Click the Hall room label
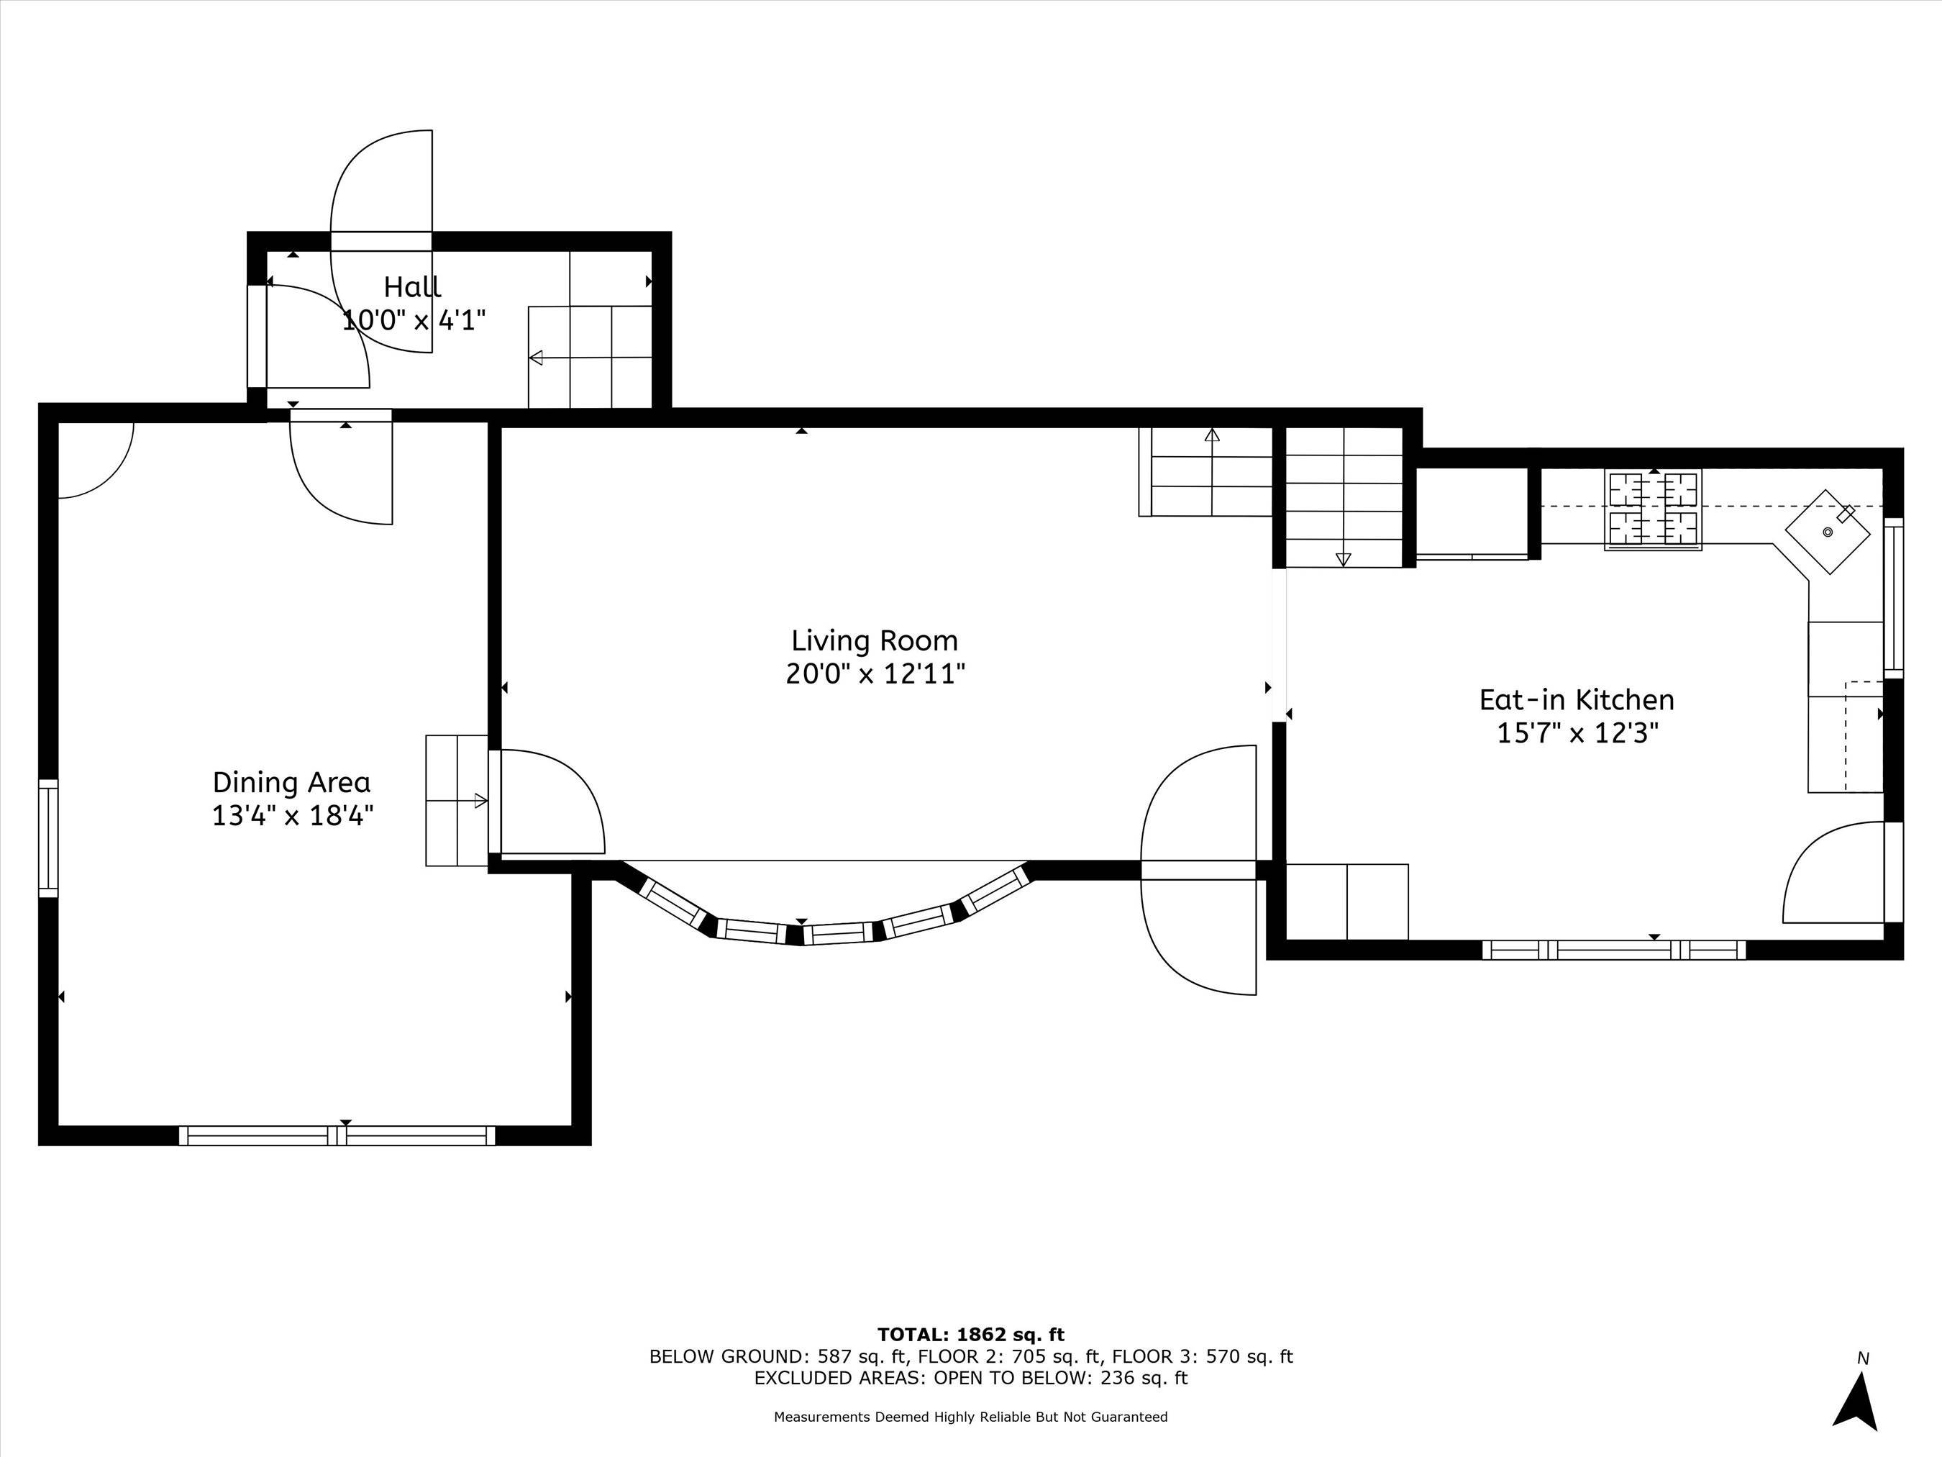click(x=411, y=286)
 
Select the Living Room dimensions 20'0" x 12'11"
click(x=875, y=674)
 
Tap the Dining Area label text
click(x=291, y=783)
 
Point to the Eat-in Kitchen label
click(x=1577, y=700)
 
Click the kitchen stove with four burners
click(x=1653, y=510)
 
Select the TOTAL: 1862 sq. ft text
click(x=970, y=1335)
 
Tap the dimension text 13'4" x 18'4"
click(x=292, y=816)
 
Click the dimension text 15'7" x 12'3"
click(x=1577, y=733)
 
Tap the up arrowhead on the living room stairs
click(x=1213, y=434)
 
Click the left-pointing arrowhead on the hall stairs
click(x=536, y=358)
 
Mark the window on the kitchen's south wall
click(x=1613, y=949)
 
